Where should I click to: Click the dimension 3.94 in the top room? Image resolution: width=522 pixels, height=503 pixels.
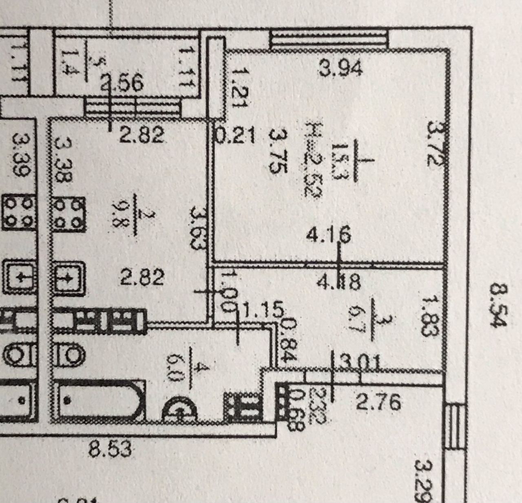[341, 68]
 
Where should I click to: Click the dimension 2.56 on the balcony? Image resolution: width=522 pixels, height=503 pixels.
[122, 83]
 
